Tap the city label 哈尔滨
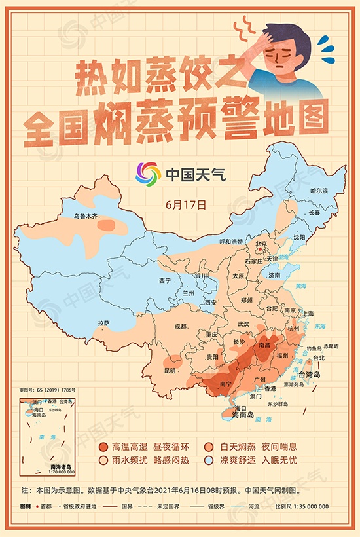319,190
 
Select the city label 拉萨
103,323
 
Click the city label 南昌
264,343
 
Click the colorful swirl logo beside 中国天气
148,174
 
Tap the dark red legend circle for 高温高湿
103,447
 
